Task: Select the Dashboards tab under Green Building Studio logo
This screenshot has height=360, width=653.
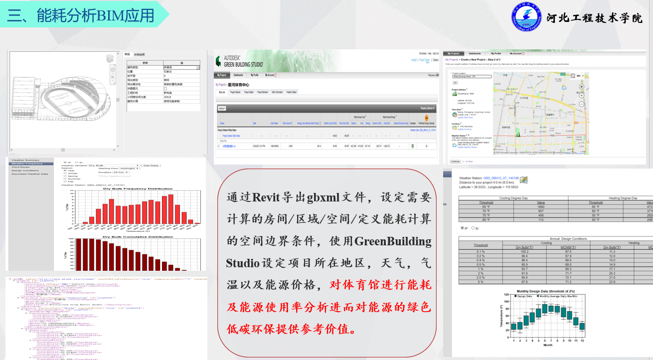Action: (238, 75)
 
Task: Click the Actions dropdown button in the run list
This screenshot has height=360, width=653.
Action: (222, 108)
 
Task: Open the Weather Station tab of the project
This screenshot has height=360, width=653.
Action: (292, 92)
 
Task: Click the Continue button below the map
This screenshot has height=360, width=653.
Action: (455, 162)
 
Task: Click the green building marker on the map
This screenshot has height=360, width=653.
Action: (518, 133)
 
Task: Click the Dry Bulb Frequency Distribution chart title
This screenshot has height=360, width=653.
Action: (138, 189)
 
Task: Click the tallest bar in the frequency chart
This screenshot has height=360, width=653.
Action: (170, 208)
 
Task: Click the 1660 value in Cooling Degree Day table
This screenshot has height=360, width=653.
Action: (541, 206)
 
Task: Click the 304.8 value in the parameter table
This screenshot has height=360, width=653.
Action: (167, 98)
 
